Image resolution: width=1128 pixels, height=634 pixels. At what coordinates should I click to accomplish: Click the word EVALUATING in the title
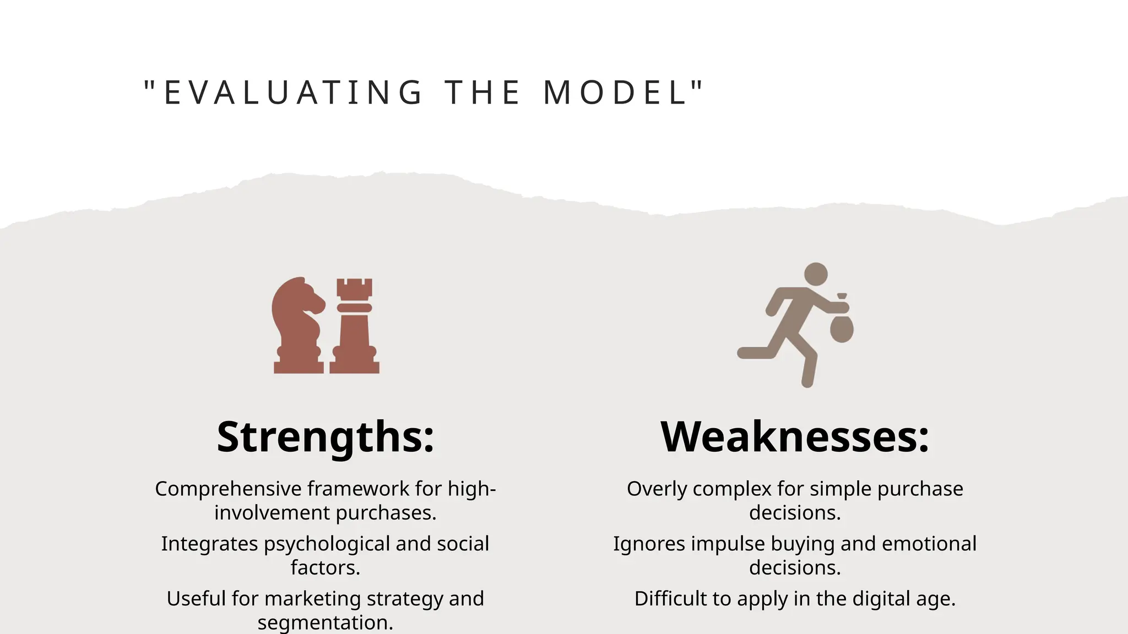(x=294, y=92)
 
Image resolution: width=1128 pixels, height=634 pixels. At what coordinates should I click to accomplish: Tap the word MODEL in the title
(x=616, y=92)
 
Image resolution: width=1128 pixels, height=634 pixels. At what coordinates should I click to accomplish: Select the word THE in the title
(x=483, y=92)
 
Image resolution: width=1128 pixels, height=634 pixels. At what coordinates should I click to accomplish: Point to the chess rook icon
(x=355, y=326)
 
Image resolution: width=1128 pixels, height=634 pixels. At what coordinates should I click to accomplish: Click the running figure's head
(x=816, y=274)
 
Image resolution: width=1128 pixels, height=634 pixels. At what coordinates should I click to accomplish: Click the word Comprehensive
(x=228, y=489)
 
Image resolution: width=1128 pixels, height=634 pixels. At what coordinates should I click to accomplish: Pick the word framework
(x=358, y=489)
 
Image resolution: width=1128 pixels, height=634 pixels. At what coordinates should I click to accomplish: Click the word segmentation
(x=325, y=622)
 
